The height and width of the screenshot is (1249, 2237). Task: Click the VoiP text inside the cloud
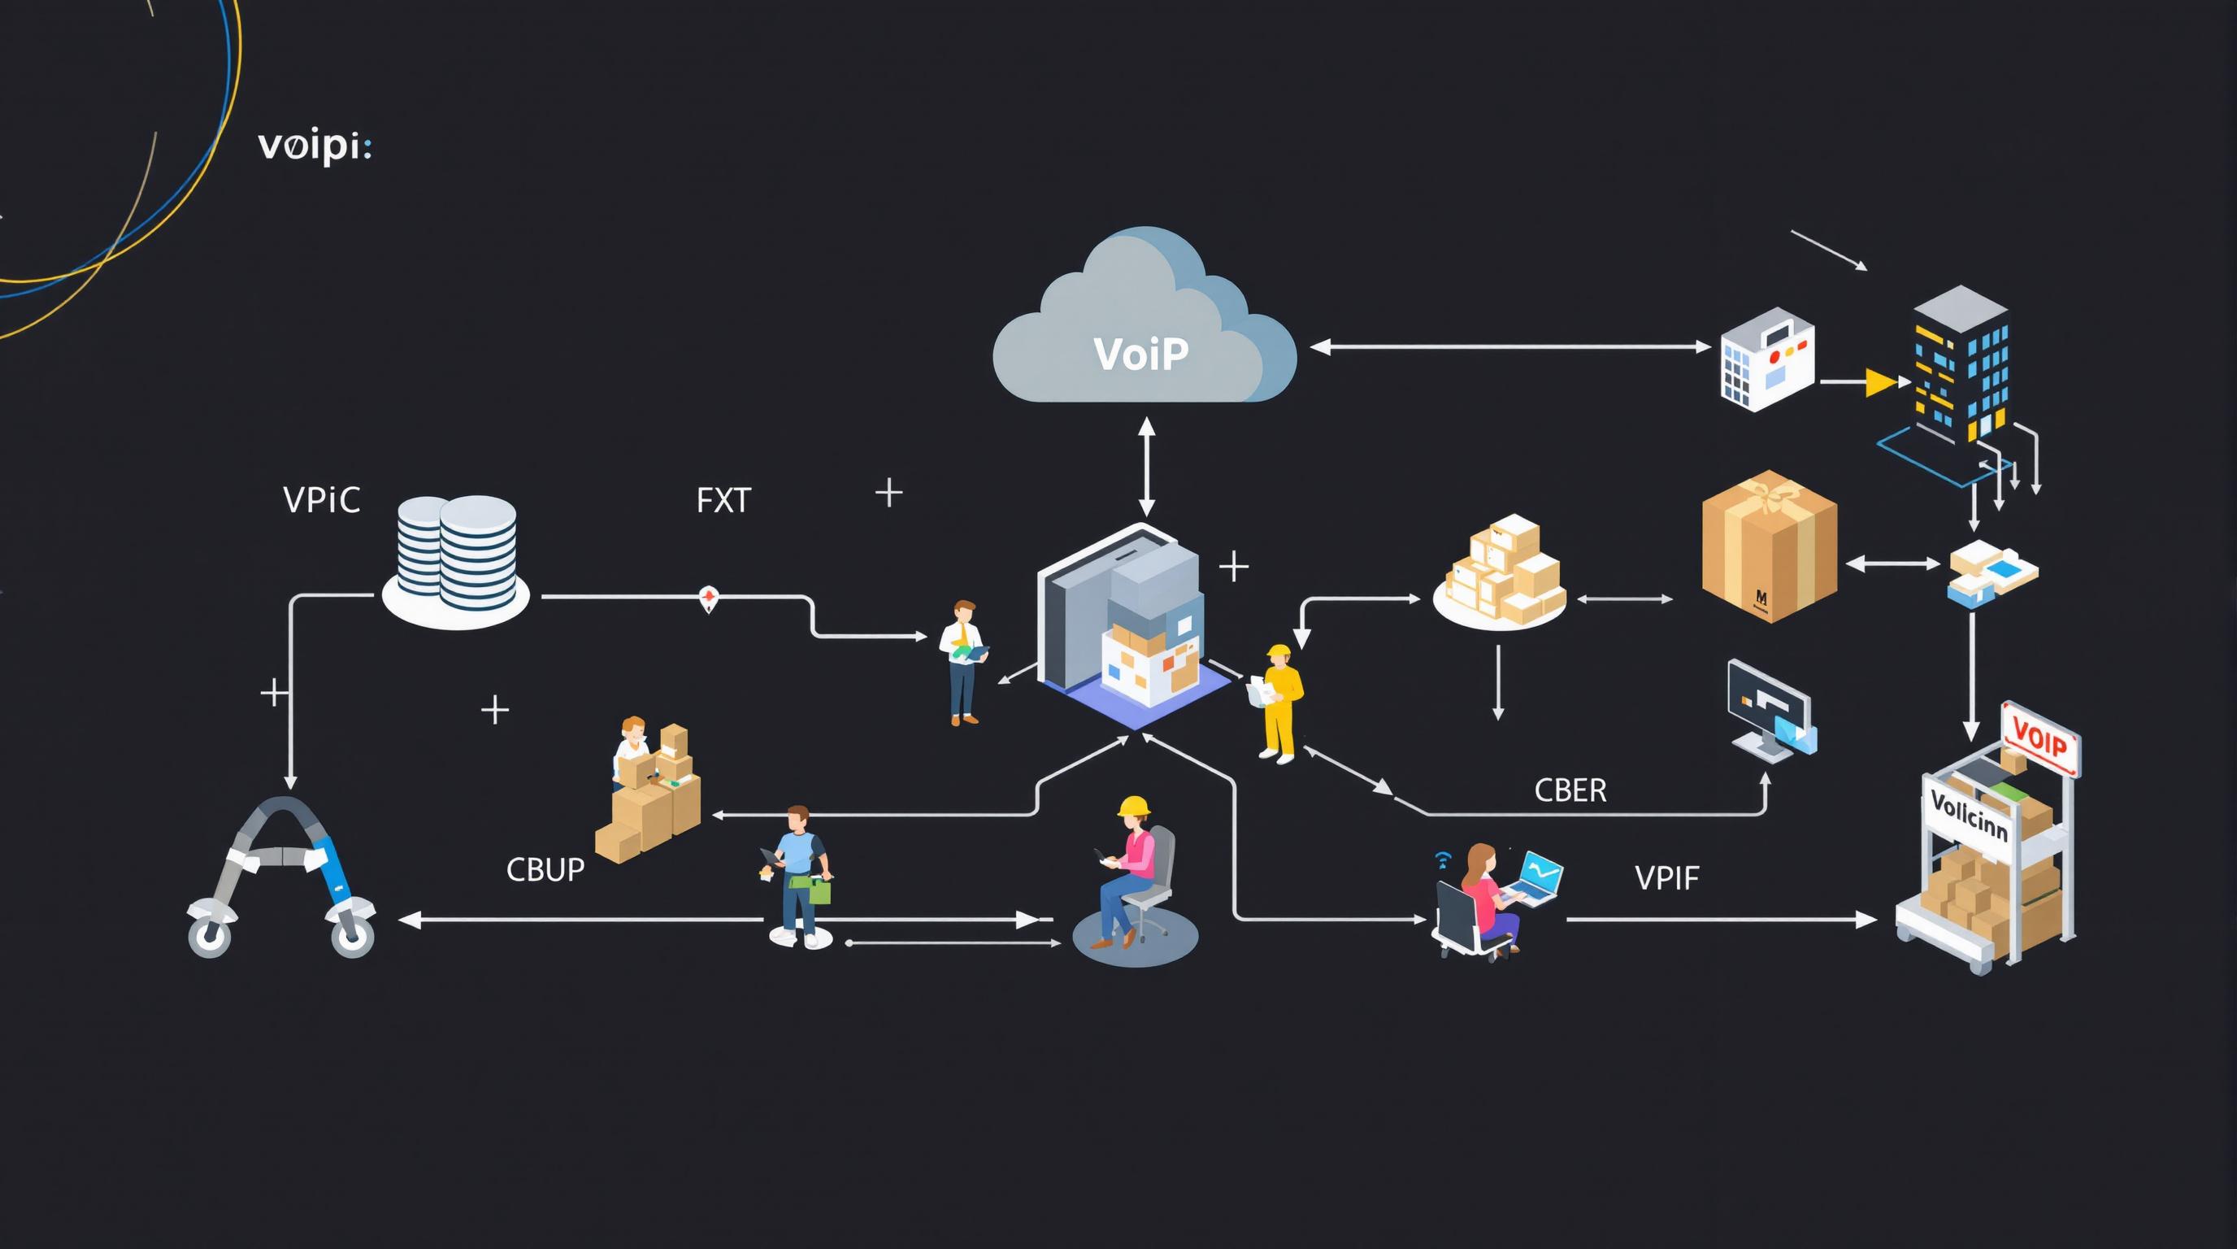(x=1140, y=354)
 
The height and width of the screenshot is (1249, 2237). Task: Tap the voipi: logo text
(x=315, y=146)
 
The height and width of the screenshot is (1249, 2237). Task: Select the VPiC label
(x=321, y=500)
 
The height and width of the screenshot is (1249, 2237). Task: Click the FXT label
(x=723, y=501)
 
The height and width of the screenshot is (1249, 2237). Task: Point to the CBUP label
(x=545, y=869)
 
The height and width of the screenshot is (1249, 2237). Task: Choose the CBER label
(x=1570, y=790)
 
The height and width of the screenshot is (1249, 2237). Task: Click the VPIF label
(x=1666, y=878)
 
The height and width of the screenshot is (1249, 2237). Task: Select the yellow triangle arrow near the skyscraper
(x=1880, y=382)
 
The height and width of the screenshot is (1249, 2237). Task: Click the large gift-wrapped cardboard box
(x=1769, y=547)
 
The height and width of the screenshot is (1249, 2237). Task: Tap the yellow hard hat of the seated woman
(x=1133, y=806)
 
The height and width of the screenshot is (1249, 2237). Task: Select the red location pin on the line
(x=709, y=598)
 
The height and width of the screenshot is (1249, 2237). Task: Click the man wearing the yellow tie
(x=962, y=660)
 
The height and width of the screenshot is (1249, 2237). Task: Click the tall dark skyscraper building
(x=1960, y=365)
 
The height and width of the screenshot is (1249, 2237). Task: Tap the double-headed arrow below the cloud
(x=1146, y=467)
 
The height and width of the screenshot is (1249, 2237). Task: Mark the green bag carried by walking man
(x=819, y=891)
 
